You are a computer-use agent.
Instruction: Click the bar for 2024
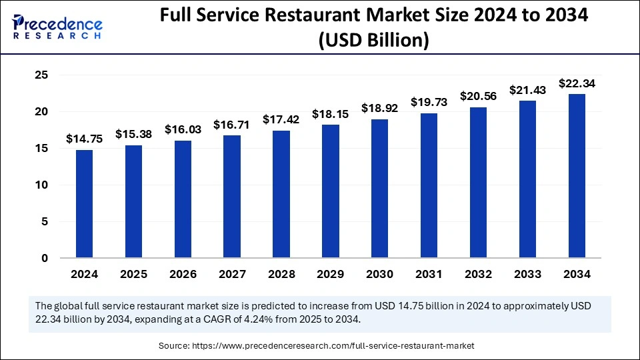pos(84,204)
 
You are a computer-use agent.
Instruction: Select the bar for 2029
pos(331,191)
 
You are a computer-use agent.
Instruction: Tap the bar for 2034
pos(577,176)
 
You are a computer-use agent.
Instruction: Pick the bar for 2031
pos(429,186)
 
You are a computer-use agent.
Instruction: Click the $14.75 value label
pos(84,139)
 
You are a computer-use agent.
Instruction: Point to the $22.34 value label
pos(577,83)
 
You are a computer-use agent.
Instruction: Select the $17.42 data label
pos(281,119)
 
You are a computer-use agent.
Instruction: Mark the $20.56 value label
pos(478,96)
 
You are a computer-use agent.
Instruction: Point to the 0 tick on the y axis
pos(45,259)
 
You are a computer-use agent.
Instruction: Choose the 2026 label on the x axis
pos(183,275)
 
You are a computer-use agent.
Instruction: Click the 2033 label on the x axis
pos(527,275)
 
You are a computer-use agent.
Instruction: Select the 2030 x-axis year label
pos(379,275)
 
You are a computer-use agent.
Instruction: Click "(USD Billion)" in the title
pos(373,41)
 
